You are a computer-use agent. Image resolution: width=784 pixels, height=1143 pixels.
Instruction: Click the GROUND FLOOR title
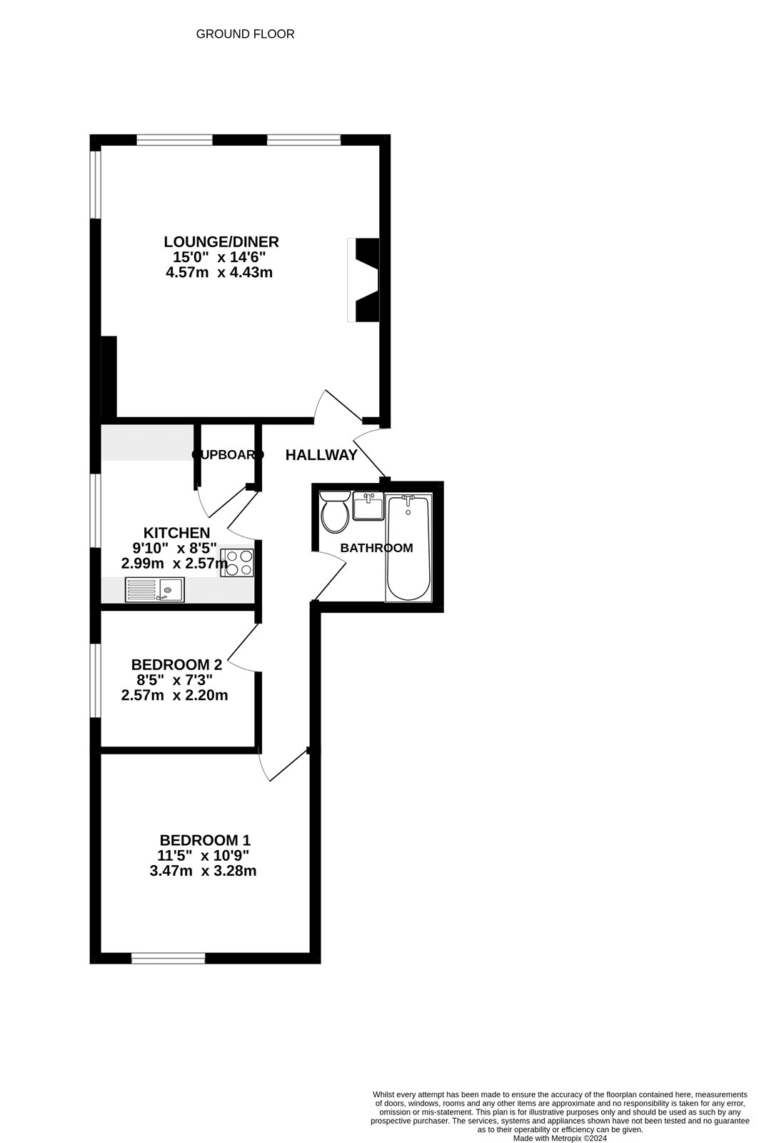(x=245, y=34)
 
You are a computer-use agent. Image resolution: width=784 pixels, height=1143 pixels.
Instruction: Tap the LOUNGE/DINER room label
(x=221, y=241)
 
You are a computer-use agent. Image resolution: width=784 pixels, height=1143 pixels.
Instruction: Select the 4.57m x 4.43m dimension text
(x=219, y=272)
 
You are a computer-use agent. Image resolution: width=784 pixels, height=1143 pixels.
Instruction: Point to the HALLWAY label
(x=321, y=455)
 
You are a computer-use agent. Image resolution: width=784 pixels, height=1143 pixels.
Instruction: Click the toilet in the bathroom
(x=335, y=512)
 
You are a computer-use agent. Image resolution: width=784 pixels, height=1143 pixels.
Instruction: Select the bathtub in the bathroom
(x=408, y=547)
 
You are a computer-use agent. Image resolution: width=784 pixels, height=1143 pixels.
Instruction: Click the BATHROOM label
(x=376, y=548)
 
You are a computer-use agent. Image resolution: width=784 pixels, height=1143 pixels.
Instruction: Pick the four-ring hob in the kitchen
(x=237, y=562)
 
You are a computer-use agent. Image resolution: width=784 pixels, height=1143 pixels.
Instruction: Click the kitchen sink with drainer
(x=154, y=589)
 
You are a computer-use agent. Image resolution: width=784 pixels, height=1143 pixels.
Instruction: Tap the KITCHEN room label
(x=176, y=532)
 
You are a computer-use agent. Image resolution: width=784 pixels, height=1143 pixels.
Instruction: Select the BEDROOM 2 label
(x=176, y=664)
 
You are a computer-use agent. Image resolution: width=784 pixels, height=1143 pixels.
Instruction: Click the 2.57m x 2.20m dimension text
(x=175, y=695)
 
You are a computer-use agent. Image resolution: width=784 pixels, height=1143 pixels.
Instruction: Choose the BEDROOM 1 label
(x=205, y=840)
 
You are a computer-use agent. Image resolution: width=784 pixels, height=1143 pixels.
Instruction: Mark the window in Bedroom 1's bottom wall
(x=169, y=958)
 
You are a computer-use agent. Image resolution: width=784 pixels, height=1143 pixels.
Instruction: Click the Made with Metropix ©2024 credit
(x=560, y=1139)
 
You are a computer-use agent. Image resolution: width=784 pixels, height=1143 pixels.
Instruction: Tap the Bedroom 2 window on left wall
(x=95, y=680)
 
